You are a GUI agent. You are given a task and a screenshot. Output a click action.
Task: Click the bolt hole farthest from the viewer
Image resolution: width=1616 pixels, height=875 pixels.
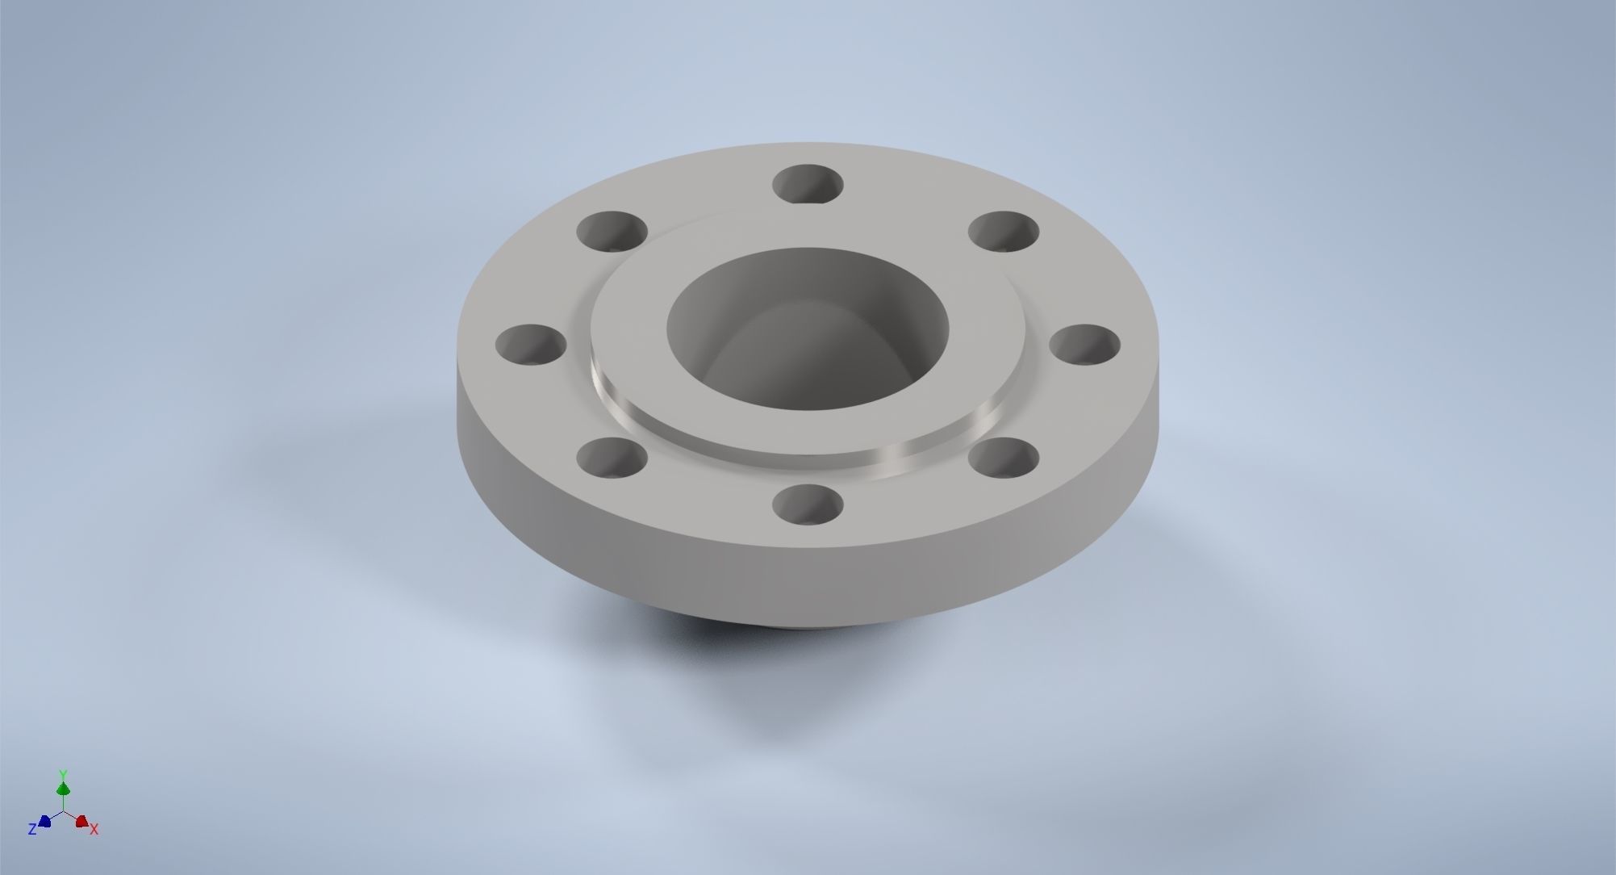808,184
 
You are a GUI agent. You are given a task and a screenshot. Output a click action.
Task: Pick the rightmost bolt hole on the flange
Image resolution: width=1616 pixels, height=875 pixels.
1085,345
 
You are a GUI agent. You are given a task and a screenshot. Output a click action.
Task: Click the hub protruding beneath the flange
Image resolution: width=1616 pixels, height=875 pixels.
807,626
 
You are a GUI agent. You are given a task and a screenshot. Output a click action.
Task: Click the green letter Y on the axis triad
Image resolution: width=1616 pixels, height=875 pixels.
63,773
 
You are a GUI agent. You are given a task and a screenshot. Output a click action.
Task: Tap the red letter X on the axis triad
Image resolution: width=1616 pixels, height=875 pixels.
94,829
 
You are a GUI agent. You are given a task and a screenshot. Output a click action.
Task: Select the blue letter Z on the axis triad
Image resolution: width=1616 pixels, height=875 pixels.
32,829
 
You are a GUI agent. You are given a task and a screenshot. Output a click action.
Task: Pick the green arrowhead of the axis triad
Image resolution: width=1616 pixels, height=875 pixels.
63,788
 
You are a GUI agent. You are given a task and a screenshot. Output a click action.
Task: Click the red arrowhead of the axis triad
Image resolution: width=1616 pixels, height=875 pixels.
81,821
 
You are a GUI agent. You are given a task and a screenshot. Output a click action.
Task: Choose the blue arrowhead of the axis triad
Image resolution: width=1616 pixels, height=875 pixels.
45,821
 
